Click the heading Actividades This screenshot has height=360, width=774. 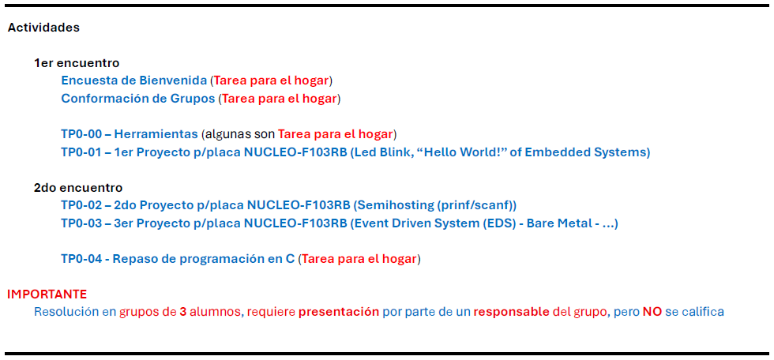point(43,28)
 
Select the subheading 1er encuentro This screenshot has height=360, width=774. point(77,63)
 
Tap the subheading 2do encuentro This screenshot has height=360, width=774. point(78,188)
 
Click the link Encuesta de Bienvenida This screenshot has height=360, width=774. point(133,81)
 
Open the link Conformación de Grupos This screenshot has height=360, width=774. point(138,99)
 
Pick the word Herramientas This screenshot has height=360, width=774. point(156,134)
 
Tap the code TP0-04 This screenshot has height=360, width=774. point(81,260)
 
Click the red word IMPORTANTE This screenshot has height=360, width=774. point(47,294)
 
